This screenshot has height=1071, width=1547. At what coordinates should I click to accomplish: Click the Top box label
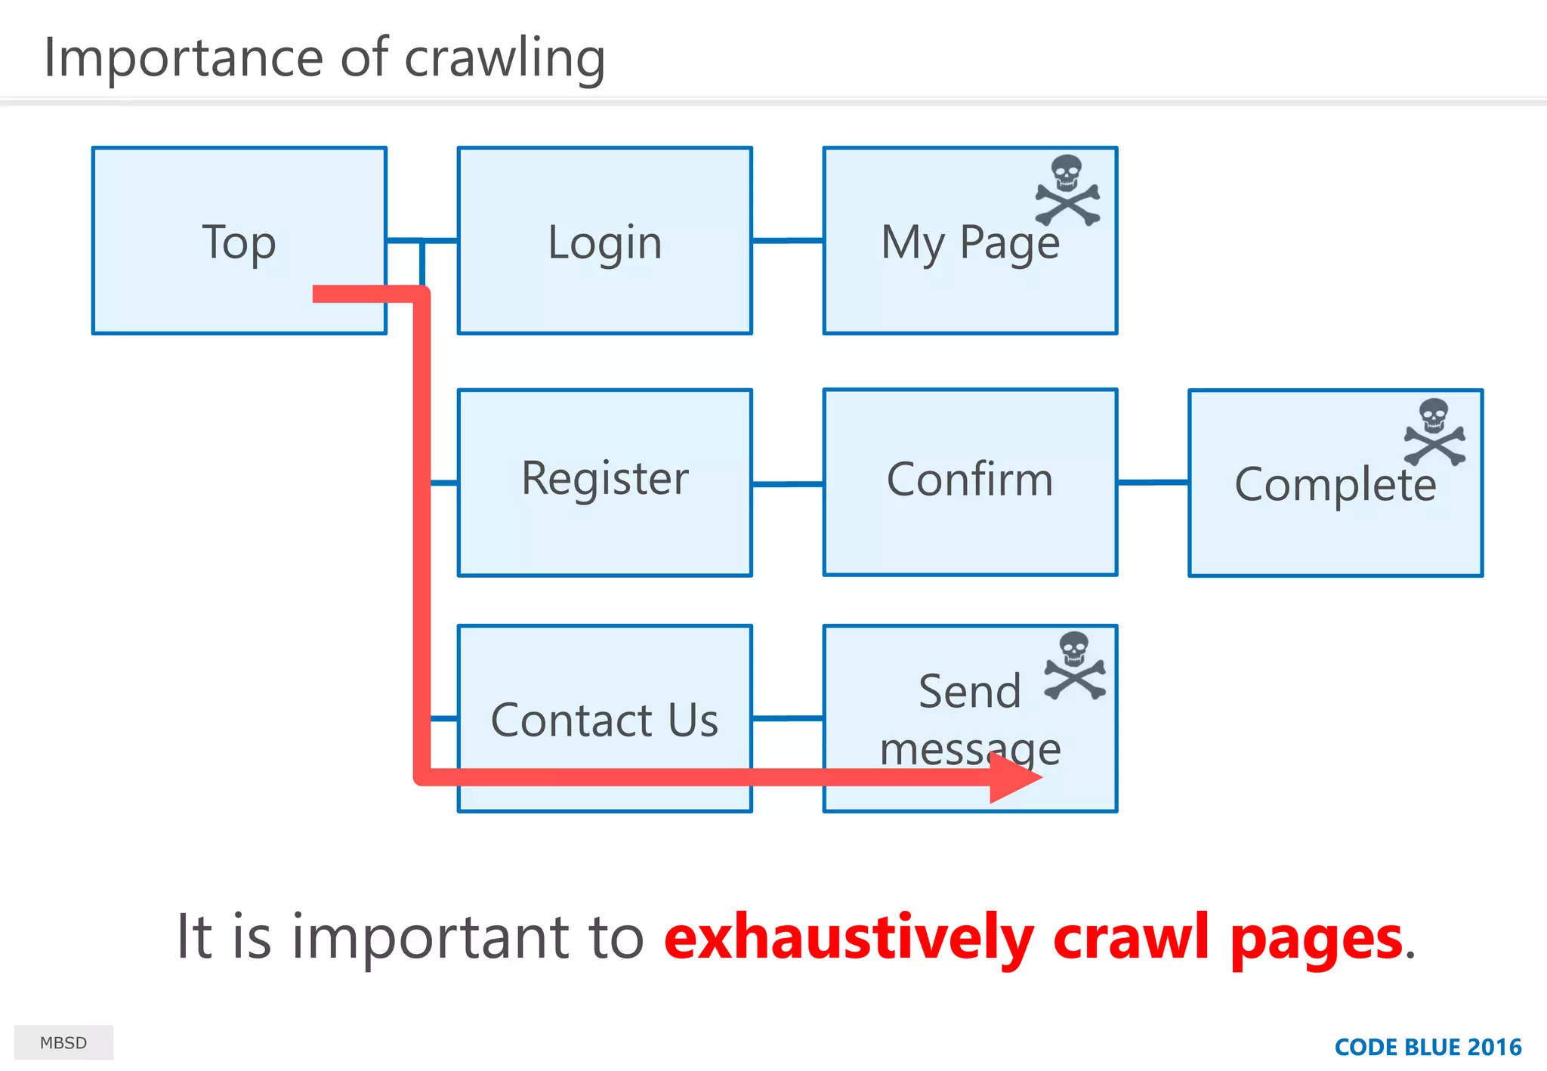pos(239,243)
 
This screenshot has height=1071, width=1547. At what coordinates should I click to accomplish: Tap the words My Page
pos(970,243)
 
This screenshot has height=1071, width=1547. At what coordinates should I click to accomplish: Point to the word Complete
pos(1335,484)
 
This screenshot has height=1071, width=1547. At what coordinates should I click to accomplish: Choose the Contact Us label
pos(604,720)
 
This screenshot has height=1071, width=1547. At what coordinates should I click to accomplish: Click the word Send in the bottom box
pos(969,691)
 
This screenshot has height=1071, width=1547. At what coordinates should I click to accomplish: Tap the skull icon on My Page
pos(1067,190)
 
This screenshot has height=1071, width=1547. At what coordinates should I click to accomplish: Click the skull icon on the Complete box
pos(1434,432)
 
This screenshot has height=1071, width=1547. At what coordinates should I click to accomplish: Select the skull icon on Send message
pos(1075,665)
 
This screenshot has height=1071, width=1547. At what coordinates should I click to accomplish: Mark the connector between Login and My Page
pos(787,241)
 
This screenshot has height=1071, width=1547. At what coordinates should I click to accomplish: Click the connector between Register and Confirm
pos(787,483)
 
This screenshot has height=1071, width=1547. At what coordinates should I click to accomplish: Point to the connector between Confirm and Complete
pos(1153,482)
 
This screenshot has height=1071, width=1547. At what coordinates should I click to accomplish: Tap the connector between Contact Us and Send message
pos(787,718)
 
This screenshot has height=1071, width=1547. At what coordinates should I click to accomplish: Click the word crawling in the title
pos(505,58)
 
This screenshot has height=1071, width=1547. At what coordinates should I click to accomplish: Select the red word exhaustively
pos(848,937)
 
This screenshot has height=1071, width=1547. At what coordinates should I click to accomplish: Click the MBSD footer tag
pos(63,1042)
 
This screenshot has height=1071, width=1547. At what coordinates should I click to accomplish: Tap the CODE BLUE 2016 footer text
pos(1428,1047)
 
